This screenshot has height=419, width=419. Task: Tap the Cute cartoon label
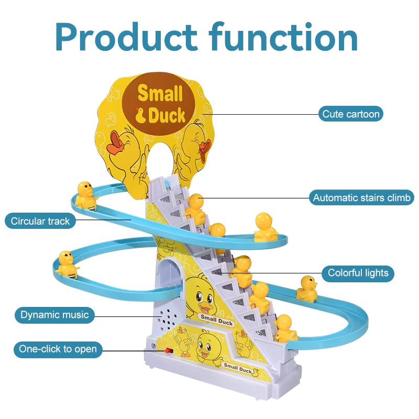coord(350,114)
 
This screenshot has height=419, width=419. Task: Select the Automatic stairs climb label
coord(361,198)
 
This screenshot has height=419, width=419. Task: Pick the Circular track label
coord(40,221)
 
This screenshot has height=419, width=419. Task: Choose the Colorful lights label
coord(358,273)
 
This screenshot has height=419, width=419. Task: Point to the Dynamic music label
coord(54,315)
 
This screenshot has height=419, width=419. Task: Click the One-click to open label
coord(58,349)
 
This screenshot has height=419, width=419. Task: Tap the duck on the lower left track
coord(67,263)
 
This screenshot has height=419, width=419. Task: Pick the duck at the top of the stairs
coord(195,207)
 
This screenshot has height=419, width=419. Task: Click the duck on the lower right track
coord(307,289)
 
